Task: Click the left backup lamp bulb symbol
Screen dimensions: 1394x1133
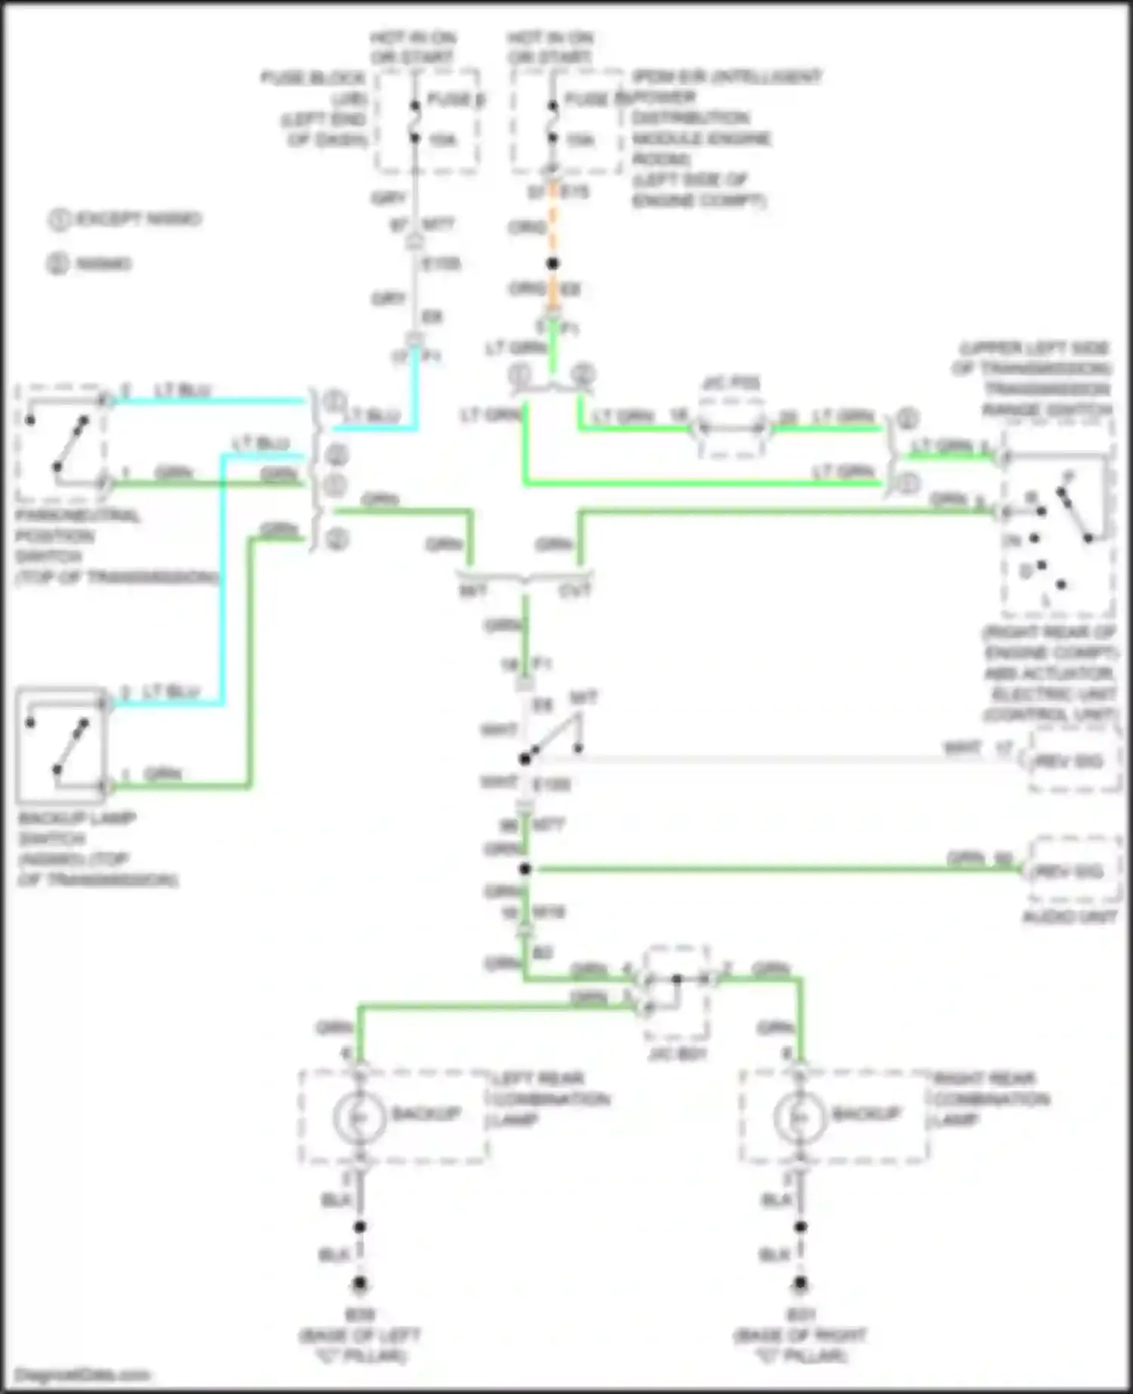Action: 360,1117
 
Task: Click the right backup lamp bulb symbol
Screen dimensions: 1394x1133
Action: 800,1117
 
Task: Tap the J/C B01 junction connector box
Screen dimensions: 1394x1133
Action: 678,992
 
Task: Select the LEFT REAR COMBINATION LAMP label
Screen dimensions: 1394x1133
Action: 549,1099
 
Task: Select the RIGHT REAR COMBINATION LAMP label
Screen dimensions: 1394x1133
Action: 991,1099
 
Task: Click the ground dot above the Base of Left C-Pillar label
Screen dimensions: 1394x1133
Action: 360,1283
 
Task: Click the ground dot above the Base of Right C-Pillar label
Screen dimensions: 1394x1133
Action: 800,1283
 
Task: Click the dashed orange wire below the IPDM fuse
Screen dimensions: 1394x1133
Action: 553,227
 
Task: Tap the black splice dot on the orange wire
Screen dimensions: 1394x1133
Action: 553,264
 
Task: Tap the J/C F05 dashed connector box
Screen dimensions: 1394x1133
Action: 731,428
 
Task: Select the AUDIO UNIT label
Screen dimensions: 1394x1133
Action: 1069,917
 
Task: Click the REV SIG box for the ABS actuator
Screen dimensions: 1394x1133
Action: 1073,760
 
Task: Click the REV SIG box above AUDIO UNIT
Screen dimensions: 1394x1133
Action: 1073,871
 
